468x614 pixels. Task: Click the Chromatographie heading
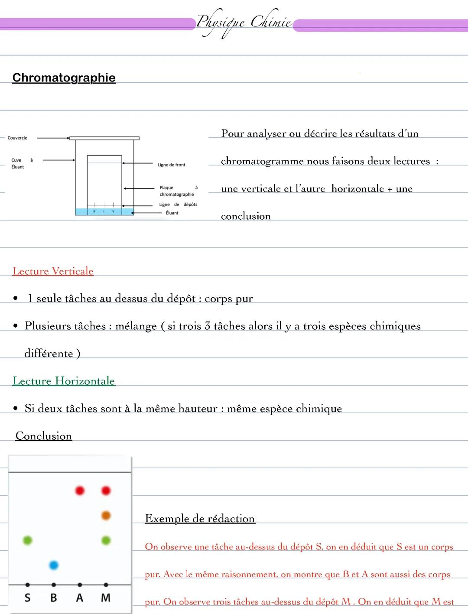[x=64, y=78]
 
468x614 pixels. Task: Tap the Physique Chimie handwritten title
[x=244, y=22]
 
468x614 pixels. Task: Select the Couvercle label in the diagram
[x=17, y=138]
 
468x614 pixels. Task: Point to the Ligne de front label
[x=171, y=165]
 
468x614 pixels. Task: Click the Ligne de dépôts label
[x=178, y=204]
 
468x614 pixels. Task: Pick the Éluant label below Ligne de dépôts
[x=172, y=213]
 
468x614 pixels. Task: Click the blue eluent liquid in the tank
[x=104, y=212]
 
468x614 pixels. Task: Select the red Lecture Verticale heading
[x=53, y=271]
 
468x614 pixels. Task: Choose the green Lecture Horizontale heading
[x=64, y=381]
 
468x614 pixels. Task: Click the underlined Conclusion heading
[x=44, y=436]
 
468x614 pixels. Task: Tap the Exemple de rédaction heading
[x=200, y=519]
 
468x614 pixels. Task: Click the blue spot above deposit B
[x=54, y=565]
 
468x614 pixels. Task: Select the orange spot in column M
[x=106, y=515]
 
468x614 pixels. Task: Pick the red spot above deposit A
[x=80, y=491]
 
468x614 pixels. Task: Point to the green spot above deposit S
[x=27, y=540]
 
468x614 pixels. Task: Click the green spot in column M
[x=106, y=540]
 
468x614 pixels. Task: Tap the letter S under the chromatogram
[x=27, y=598]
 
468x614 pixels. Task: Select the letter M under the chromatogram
[x=106, y=598]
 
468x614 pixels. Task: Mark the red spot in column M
[x=106, y=491]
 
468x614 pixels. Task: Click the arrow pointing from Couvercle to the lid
[x=53, y=138]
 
